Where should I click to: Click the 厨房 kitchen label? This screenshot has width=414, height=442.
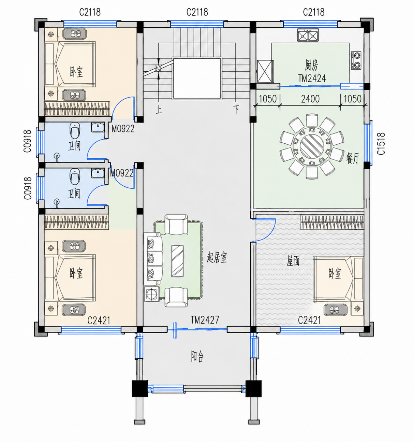coord(311,66)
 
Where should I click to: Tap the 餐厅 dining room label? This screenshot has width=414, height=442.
coord(353,158)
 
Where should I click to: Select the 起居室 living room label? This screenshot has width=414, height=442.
coord(217,258)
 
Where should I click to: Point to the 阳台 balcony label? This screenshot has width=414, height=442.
coord(197,356)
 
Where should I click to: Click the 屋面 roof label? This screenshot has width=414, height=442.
coord(293,261)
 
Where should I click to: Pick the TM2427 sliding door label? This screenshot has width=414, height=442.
coord(205,320)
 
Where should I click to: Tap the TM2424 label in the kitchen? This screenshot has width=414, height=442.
coord(312,79)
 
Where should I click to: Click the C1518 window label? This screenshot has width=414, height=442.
coord(381,144)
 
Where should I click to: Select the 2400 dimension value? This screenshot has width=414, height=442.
coord(310,99)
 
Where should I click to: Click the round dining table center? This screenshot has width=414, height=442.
coord(312,146)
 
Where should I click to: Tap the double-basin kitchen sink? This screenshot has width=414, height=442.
coord(308,35)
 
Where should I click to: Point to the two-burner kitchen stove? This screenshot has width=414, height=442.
coord(356,60)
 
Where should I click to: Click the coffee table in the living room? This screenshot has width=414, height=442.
coord(177,261)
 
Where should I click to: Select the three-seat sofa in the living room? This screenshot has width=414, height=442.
coord(153,259)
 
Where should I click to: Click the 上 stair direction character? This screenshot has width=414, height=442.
coord(159,110)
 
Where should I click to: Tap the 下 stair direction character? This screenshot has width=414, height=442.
coord(236,110)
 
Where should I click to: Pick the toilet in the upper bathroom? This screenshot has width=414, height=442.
coord(75,131)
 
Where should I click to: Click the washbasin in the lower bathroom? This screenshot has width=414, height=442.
coord(98,173)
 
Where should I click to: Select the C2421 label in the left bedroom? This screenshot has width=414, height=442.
coord(99,321)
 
